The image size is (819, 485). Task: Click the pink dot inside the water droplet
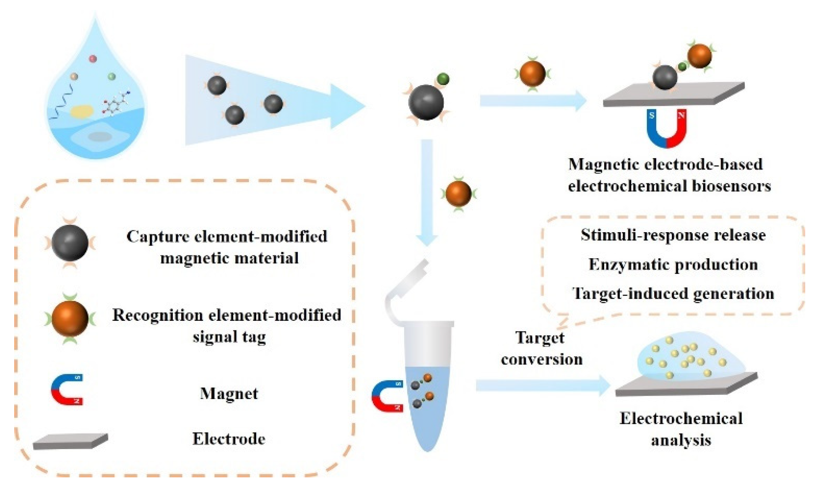coord(93,59)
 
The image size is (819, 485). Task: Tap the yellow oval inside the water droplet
coord(82,111)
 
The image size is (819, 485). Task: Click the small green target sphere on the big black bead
coord(443,79)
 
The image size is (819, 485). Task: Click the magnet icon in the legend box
coord(67,390)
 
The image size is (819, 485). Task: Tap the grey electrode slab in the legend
coord(70,441)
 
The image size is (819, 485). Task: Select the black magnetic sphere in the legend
coord(70,243)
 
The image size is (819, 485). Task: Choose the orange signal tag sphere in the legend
coord(70,318)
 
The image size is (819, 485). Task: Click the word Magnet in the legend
coord(229,393)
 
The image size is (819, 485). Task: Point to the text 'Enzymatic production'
coord(673,264)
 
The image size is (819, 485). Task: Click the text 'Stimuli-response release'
coord(673,235)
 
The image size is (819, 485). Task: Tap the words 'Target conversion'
coord(541,348)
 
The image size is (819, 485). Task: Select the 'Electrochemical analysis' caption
coord(681,429)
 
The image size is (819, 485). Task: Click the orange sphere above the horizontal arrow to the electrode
coord(532,74)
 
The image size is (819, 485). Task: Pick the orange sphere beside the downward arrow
coord(458,194)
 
